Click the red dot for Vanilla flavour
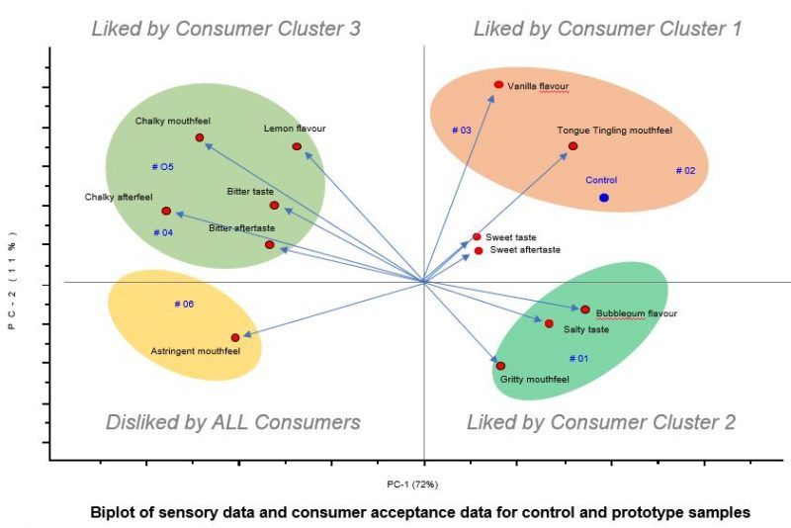pos(498,85)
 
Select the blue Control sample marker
pos(603,198)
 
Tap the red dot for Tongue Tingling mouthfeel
pos(572,146)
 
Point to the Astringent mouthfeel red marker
pos(235,337)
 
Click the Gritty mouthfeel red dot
pos(500,366)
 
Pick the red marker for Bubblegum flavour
pos(584,309)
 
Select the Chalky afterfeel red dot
pos(166,211)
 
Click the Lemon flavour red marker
pos(297,146)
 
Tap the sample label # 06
pos(183,304)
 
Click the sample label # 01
pos(578,358)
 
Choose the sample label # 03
pos(461,130)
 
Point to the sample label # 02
pos(685,170)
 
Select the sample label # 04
pos(164,232)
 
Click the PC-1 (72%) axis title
pos(412,484)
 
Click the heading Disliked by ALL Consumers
pos(232,423)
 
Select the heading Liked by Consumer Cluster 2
pos(600,423)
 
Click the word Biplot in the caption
pos(112,512)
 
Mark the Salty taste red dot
pos(549,323)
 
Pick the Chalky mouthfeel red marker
pos(200,137)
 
